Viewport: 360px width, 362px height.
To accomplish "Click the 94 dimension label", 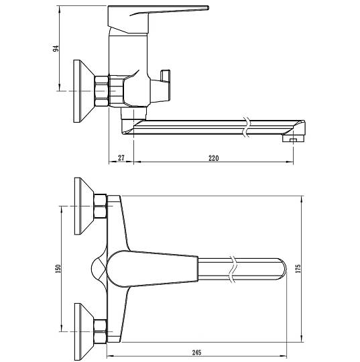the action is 56,48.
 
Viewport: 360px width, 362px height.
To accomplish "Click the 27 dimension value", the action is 121,158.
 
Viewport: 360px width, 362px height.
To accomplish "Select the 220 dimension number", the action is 214,158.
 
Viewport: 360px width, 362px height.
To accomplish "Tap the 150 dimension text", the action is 58,269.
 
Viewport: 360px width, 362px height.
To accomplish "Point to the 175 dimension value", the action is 298,269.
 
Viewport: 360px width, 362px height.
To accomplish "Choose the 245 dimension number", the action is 196,353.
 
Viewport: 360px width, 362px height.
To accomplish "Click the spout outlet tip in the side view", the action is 294,139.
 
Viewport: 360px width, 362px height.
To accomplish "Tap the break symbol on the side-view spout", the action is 247,127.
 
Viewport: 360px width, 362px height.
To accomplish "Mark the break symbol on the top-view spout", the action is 233,269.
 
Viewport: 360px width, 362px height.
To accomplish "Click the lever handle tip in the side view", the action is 208,7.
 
